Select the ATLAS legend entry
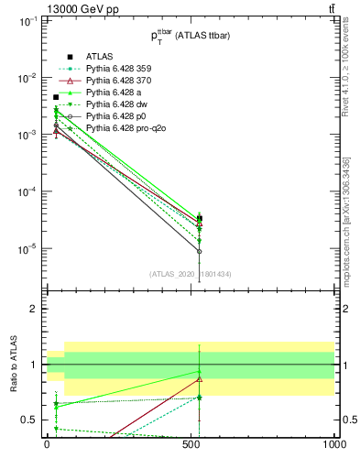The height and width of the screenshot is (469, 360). click(100, 57)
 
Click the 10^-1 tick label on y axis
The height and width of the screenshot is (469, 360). click(27, 20)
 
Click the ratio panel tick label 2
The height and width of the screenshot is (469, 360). click(32, 309)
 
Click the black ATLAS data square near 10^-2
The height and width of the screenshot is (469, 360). click(56, 97)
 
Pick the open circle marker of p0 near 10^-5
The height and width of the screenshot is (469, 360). click(200, 251)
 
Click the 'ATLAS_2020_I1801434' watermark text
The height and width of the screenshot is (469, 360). click(189, 274)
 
